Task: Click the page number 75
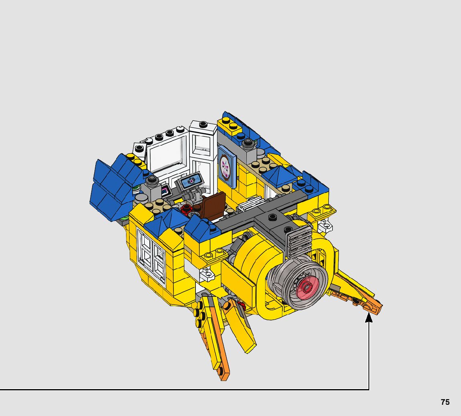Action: coord(445,402)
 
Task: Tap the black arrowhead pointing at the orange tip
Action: coord(369,318)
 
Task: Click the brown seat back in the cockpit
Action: coord(213,206)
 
